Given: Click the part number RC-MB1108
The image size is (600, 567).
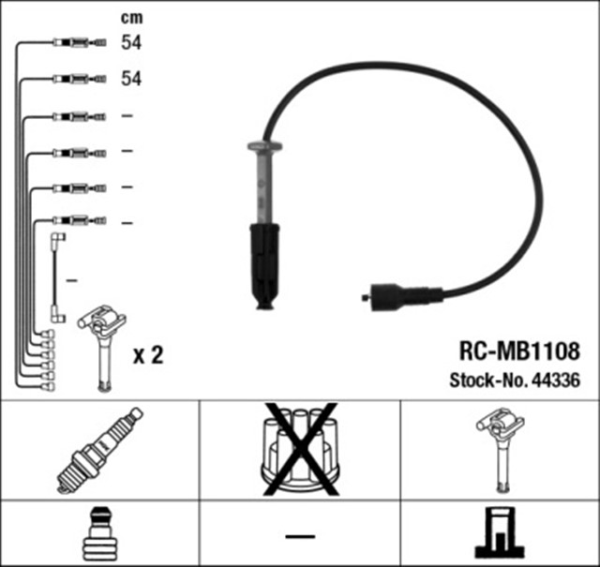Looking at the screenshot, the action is (x=519, y=351).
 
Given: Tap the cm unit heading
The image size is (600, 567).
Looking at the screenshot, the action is (x=131, y=18).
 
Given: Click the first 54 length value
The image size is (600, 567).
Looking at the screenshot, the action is (x=131, y=42).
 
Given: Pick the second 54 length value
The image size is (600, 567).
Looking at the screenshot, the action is (x=131, y=79).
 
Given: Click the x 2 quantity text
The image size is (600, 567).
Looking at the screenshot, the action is (x=148, y=355).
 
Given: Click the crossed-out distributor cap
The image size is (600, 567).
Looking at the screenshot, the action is (x=300, y=450).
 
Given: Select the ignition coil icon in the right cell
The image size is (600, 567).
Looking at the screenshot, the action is (x=501, y=450).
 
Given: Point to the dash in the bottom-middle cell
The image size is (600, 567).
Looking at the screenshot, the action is (x=300, y=536).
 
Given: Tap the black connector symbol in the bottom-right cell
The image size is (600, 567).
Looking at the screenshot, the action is (x=500, y=532).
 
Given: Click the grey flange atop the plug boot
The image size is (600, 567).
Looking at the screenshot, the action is (x=264, y=146).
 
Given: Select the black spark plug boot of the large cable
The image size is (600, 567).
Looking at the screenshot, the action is (x=264, y=267).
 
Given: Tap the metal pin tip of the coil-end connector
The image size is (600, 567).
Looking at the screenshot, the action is (x=365, y=297).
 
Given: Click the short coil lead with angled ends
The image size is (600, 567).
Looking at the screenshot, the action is (x=57, y=277).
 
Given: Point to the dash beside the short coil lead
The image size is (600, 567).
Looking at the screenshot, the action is (x=72, y=280).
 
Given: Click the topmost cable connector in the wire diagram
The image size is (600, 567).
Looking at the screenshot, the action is (x=79, y=42).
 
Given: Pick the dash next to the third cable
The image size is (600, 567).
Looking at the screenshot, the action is (x=127, y=115).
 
